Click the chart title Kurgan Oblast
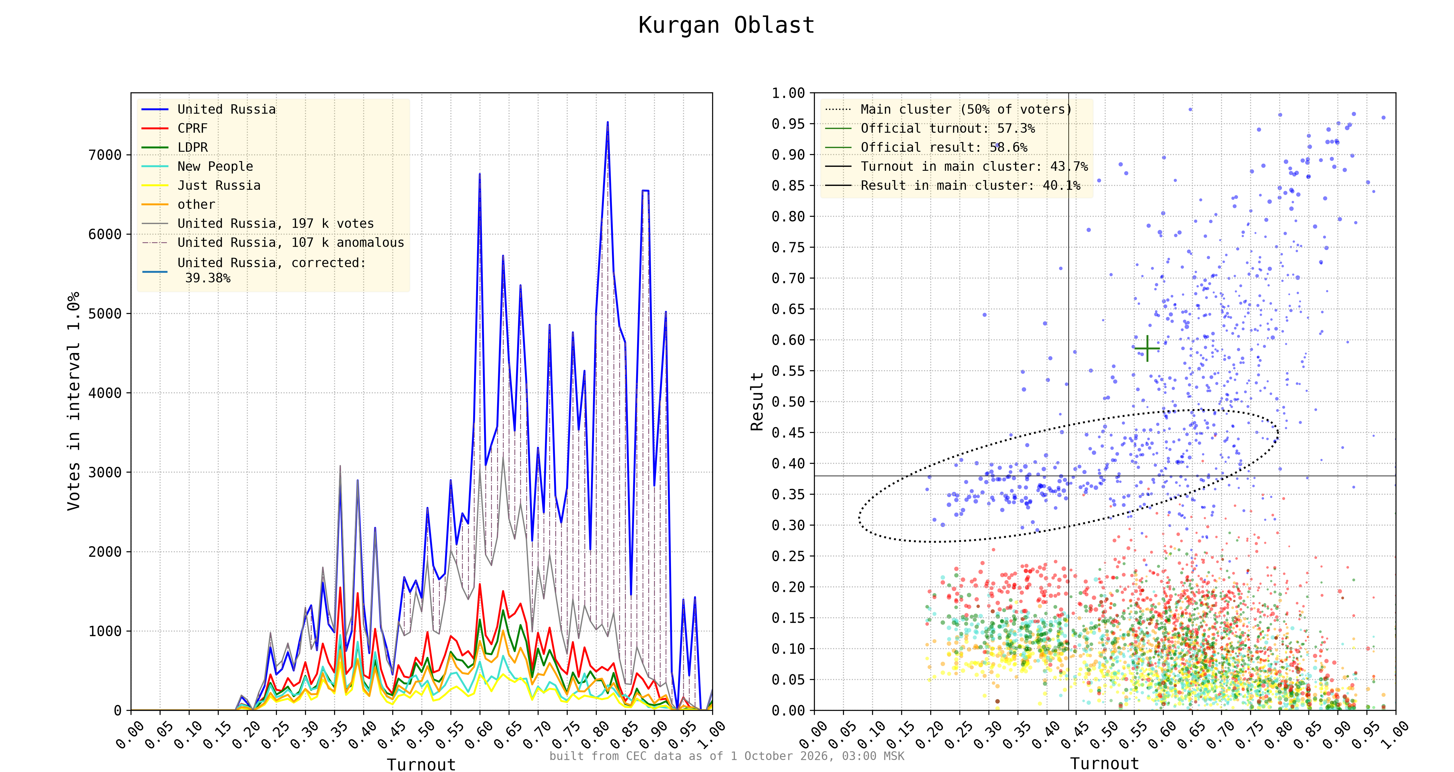point(726,25)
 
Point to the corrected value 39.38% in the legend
point(208,278)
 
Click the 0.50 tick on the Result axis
point(788,402)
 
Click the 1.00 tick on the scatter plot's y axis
point(788,93)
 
